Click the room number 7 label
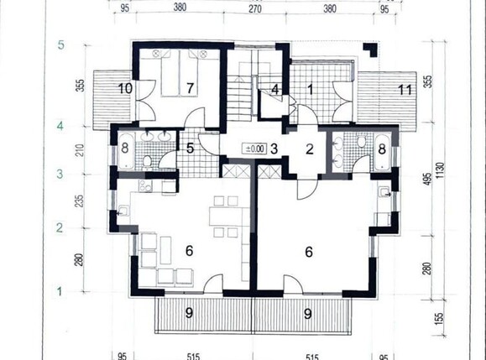coord(191,88)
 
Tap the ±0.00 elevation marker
coord(253,149)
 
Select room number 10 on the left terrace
coord(125,87)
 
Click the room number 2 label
coord(308,150)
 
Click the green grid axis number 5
coord(60,45)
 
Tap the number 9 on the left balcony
coord(190,313)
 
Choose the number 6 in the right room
coord(310,250)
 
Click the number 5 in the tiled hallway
coord(191,149)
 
